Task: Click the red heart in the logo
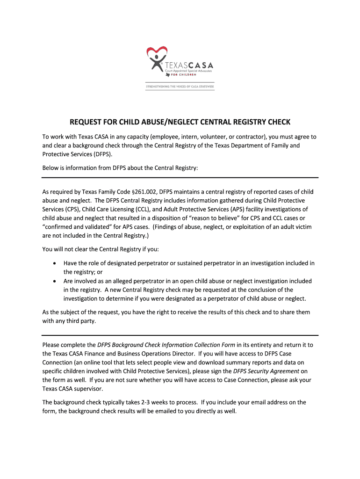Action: tap(157, 51)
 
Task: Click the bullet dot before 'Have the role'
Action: tap(55, 263)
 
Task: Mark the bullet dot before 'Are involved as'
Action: tap(55, 281)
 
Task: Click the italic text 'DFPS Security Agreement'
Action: tap(266, 371)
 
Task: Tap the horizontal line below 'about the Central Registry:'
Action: tap(180, 178)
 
